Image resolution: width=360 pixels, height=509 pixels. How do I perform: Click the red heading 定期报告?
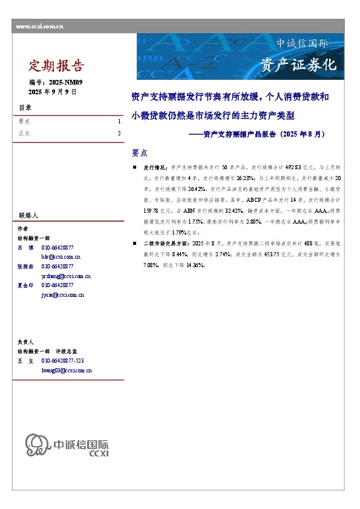[57, 65]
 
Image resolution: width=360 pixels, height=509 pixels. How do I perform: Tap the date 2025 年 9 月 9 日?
[53, 91]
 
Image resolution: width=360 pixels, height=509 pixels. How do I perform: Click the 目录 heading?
[25, 108]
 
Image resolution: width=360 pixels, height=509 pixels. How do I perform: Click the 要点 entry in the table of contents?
[25, 122]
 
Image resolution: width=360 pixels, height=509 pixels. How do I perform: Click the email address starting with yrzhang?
[66, 276]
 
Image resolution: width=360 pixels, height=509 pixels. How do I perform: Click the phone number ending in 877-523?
[67, 360]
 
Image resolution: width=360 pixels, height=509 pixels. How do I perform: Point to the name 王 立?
[25, 360]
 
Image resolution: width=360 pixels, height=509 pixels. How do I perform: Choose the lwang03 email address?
[67, 369]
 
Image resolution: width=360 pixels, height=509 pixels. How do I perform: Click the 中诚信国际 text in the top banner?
[302, 44]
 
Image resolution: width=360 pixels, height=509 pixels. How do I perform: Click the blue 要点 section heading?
[140, 152]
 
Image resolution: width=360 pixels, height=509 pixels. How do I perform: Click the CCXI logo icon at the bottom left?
[36, 444]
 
